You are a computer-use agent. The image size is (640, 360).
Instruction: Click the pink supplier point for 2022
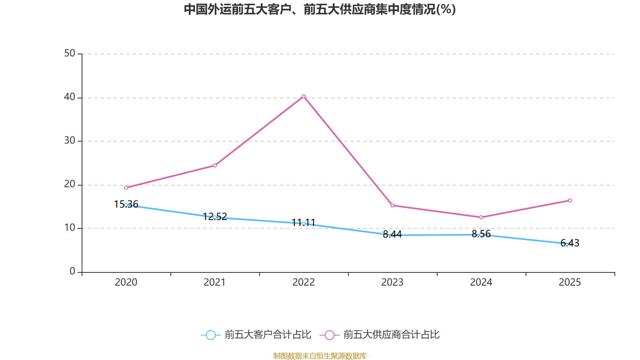(x=304, y=96)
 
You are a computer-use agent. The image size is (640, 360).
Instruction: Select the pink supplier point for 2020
(x=126, y=188)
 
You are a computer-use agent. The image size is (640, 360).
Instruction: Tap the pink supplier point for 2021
(x=215, y=166)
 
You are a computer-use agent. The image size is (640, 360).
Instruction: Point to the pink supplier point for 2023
(x=392, y=206)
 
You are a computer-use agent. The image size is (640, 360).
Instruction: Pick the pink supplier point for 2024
(x=481, y=217)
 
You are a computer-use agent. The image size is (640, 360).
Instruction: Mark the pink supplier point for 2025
(x=570, y=200)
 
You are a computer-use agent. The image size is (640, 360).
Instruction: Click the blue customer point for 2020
(x=126, y=205)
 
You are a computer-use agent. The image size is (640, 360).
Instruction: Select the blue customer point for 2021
(x=215, y=217)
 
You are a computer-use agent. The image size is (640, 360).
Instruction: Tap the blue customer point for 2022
(x=304, y=224)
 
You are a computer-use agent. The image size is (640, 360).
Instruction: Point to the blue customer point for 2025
(x=570, y=244)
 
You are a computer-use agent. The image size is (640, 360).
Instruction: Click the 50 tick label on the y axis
(x=70, y=54)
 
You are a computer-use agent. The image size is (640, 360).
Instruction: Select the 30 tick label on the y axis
(x=70, y=141)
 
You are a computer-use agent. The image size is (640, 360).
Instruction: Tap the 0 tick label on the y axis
(x=72, y=272)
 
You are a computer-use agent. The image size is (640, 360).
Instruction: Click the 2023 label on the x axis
(x=392, y=282)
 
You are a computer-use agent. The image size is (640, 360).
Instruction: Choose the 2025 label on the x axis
(x=570, y=282)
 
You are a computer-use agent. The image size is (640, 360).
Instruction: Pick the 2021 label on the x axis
(x=215, y=282)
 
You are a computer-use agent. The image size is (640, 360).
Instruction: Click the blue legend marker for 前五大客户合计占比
(x=210, y=335)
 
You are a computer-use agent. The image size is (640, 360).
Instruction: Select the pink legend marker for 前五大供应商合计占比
(x=330, y=335)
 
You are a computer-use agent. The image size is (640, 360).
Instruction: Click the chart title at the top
(x=320, y=9)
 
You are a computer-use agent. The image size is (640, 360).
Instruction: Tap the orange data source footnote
(x=320, y=356)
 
